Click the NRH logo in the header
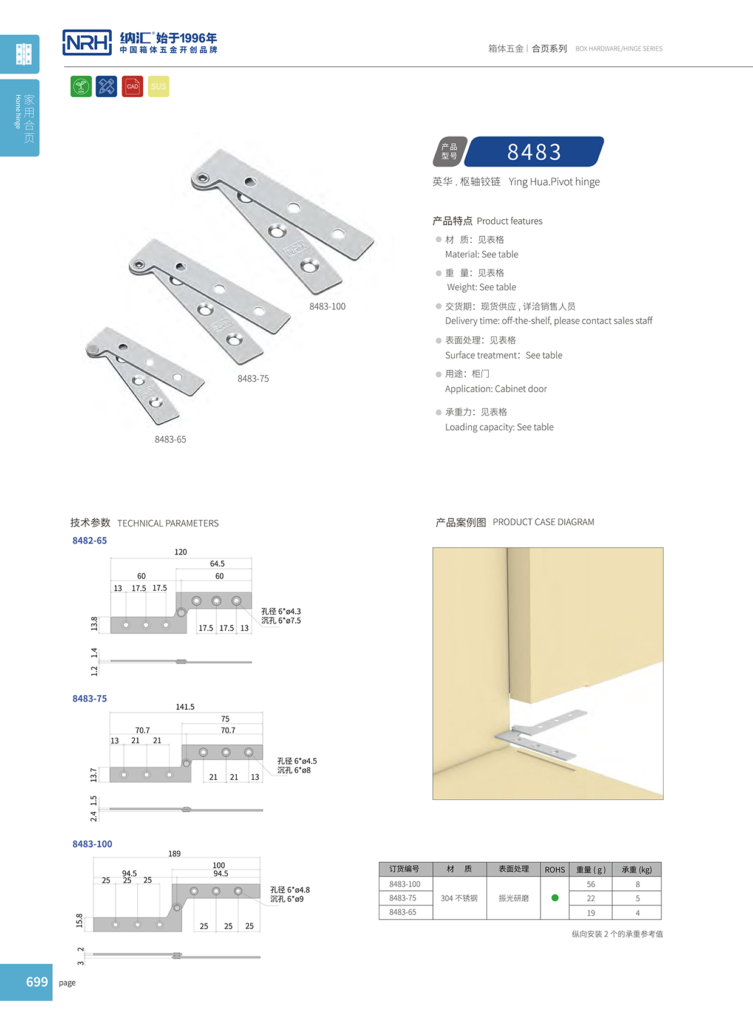click(87, 43)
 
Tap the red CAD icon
click(132, 86)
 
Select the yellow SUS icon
click(158, 86)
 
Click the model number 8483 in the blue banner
click(534, 152)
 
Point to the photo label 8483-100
click(327, 307)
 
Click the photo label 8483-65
click(170, 439)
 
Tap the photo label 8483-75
click(253, 378)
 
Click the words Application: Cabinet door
click(496, 389)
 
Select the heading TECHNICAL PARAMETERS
click(168, 523)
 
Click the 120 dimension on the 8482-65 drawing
click(180, 552)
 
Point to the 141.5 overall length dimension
click(185, 707)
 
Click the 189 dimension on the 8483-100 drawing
click(174, 854)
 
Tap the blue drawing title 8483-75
click(89, 699)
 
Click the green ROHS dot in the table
click(554, 898)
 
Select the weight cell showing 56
click(590, 884)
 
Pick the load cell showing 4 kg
click(637, 913)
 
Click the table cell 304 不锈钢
click(459, 898)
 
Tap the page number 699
click(36, 982)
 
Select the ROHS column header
click(554, 870)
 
